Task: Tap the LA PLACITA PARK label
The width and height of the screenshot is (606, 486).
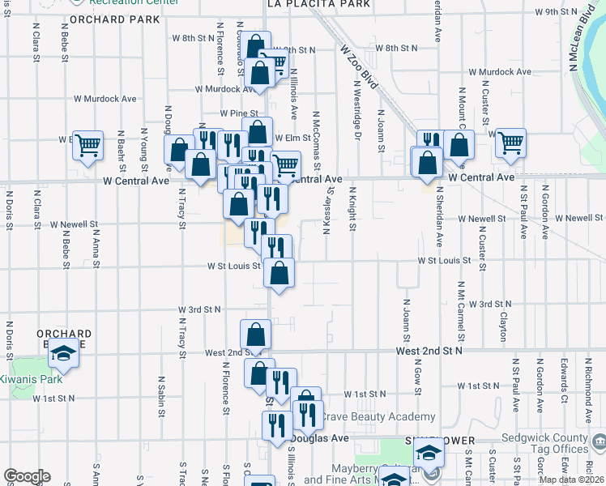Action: (x=318, y=4)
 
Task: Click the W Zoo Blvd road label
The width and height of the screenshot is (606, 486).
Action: (x=359, y=67)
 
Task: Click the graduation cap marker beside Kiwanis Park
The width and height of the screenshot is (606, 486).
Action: (x=63, y=356)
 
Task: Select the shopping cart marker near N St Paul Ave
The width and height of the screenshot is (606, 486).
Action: (x=510, y=143)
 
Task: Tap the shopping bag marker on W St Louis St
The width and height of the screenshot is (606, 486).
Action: (x=279, y=272)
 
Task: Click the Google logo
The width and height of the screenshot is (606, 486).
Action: (x=27, y=476)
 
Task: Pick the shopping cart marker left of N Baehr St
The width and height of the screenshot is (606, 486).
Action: (x=88, y=145)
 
